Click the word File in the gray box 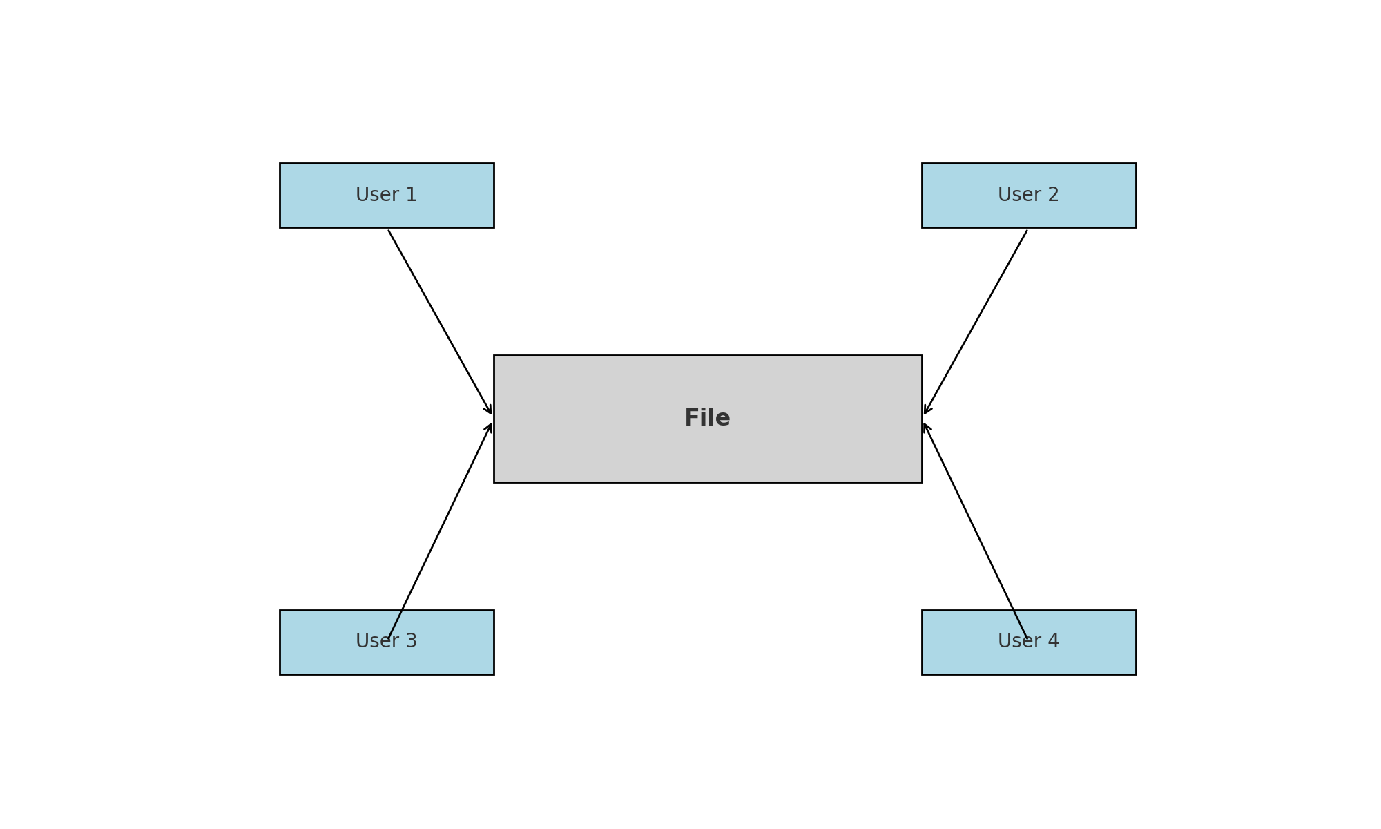pyautogui.click(x=707, y=418)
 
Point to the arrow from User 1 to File pyautogui.click(x=439, y=321)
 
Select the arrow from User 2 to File pyautogui.click(x=976, y=321)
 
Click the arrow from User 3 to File pyautogui.click(x=441, y=530)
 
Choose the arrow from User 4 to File pyautogui.click(x=975, y=530)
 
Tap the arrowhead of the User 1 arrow pyautogui.click(x=489, y=410)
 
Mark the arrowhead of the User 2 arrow pyautogui.click(x=927, y=410)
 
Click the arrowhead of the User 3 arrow pyautogui.click(x=490, y=427)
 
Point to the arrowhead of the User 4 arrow pyautogui.click(x=926, y=427)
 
